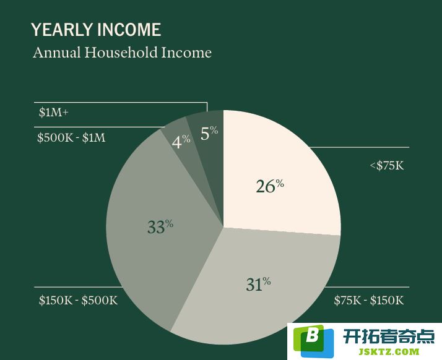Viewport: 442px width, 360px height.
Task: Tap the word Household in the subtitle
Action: coord(121,53)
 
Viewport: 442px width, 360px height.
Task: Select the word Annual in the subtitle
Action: coord(57,53)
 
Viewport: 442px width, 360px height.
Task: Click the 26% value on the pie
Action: coord(270,186)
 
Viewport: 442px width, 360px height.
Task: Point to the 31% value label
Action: coord(258,284)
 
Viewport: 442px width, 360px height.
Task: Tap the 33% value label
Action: coord(160,226)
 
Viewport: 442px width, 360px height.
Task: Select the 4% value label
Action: coord(181,142)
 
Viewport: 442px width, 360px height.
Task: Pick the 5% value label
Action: coord(209,132)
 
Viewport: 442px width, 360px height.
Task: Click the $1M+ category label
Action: coord(54,113)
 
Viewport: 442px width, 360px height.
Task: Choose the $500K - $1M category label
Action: coord(71,138)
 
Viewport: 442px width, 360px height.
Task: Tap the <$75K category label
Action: coord(387,165)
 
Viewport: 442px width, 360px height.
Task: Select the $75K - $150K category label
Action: coord(369,300)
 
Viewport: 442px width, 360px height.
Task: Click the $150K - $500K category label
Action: coord(78,300)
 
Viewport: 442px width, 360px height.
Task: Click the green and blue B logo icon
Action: coord(313,341)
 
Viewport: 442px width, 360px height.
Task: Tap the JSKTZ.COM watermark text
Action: coord(389,351)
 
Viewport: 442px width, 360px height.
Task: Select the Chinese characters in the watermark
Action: coord(389,336)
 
